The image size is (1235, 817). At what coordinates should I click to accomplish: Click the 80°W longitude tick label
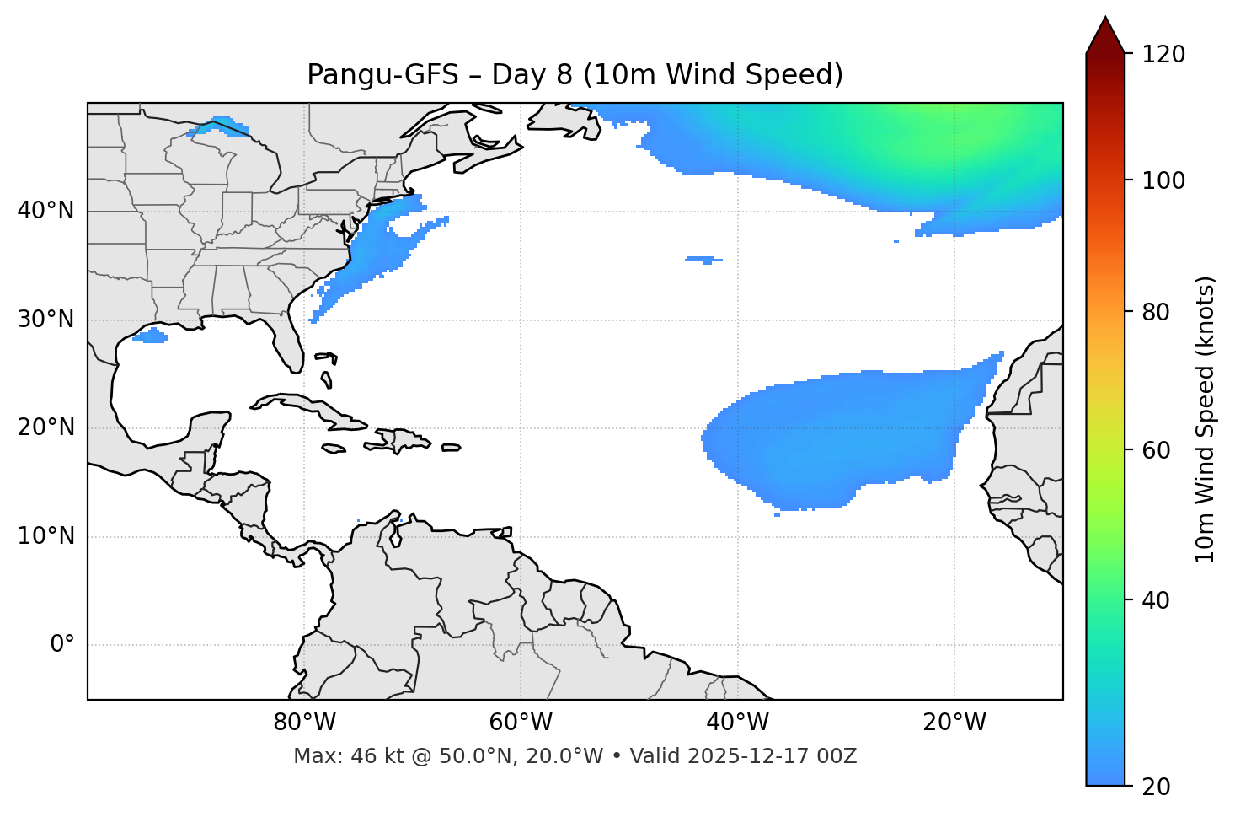click(304, 723)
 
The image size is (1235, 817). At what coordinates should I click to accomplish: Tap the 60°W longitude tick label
click(521, 723)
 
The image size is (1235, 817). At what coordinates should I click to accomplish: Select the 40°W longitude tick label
click(737, 723)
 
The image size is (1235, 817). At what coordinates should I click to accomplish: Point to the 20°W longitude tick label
click(954, 723)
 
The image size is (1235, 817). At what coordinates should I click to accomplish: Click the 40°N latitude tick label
click(45, 211)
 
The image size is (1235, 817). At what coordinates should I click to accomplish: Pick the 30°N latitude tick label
click(45, 320)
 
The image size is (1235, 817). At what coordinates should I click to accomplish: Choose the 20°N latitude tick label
click(45, 427)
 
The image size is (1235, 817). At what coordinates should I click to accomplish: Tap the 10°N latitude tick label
click(45, 536)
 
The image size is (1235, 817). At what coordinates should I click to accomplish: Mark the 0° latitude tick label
click(62, 645)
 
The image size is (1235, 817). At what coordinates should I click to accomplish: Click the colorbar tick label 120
click(1163, 55)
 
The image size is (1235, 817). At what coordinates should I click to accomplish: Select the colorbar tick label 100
click(1163, 180)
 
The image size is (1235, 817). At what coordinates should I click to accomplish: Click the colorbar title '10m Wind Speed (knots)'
click(1206, 419)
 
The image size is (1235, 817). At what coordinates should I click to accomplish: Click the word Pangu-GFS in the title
click(382, 75)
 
